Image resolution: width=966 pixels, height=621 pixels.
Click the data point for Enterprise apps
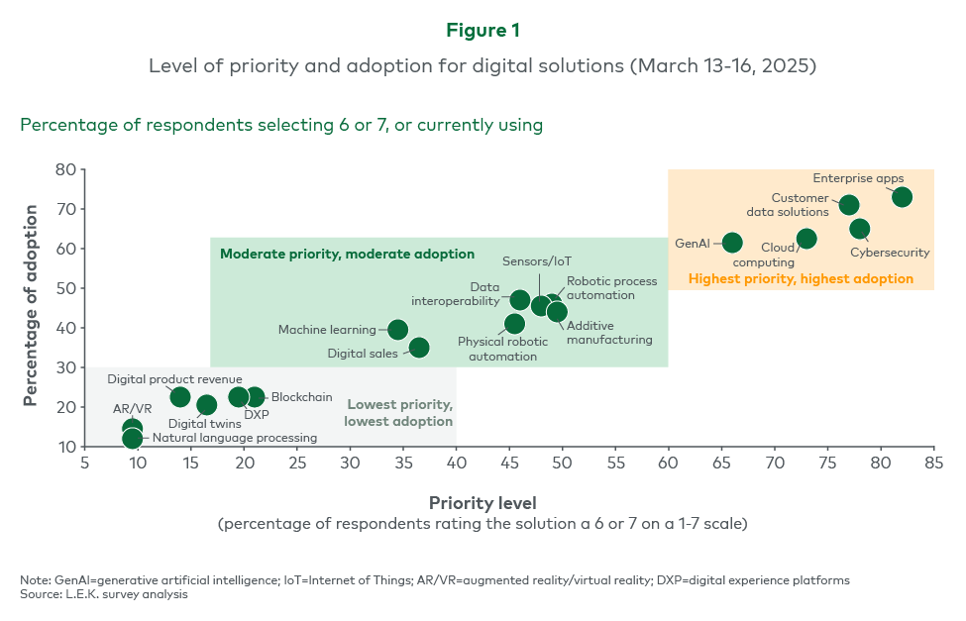pos(902,197)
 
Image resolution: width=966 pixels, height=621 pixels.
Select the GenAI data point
pos(732,243)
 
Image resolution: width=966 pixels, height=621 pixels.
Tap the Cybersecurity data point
pos(860,229)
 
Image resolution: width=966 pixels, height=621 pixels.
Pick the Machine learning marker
pos(397,330)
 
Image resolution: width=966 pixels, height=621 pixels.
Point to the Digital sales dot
pos(419,348)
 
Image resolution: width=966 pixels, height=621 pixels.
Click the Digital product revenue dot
pos(180,397)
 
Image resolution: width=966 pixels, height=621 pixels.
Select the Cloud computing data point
pos(806,239)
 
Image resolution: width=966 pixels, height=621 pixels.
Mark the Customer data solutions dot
pos(849,205)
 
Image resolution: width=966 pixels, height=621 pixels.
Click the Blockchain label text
pos(302,397)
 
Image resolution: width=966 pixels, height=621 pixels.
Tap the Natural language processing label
pos(235,438)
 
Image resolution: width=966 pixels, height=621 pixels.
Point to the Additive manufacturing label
pos(609,333)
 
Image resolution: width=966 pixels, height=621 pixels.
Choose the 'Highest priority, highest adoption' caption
pos(801,279)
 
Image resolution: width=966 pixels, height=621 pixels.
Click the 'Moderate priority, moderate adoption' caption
pos(347,254)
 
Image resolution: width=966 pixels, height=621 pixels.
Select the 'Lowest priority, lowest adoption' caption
pos(398,413)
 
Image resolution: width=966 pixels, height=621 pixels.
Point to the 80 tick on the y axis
pos(65,169)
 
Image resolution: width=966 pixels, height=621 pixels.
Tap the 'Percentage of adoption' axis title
pos(32,305)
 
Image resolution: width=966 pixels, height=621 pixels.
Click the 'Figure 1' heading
pos(483,31)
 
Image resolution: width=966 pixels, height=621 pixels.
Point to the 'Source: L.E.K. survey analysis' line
pos(104,594)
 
